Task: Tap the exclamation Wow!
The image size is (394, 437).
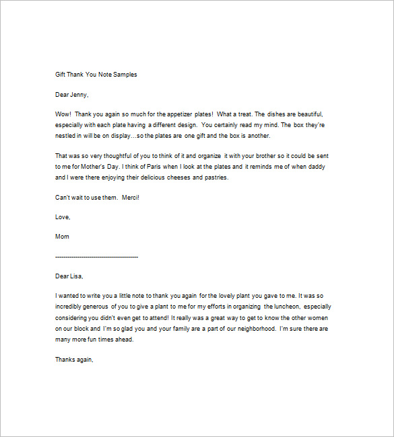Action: point(63,114)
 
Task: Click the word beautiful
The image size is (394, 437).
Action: point(308,114)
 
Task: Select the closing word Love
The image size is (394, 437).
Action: point(62,216)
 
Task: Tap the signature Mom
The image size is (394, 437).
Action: point(62,237)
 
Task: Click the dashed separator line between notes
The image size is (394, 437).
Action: point(96,257)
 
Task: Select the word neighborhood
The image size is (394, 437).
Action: point(250,328)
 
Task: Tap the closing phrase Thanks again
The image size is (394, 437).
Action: point(73,360)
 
